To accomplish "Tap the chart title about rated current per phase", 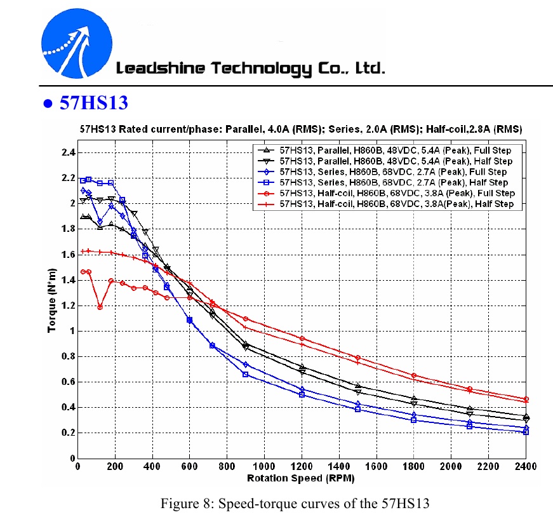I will pyautogui.click(x=300, y=128).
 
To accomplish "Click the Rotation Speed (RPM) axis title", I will pyautogui.click(x=300, y=478).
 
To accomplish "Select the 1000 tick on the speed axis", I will pyautogui.click(x=263, y=467).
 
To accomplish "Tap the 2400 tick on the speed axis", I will pyautogui.click(x=526, y=467).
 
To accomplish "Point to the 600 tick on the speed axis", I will pyautogui.click(x=189, y=467).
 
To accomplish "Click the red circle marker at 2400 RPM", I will pyautogui.click(x=526, y=399).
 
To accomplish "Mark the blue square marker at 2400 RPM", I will pyautogui.click(x=526, y=432).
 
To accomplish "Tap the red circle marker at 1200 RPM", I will pyautogui.click(x=302, y=339).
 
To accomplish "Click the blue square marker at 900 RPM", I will pyautogui.click(x=246, y=375).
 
